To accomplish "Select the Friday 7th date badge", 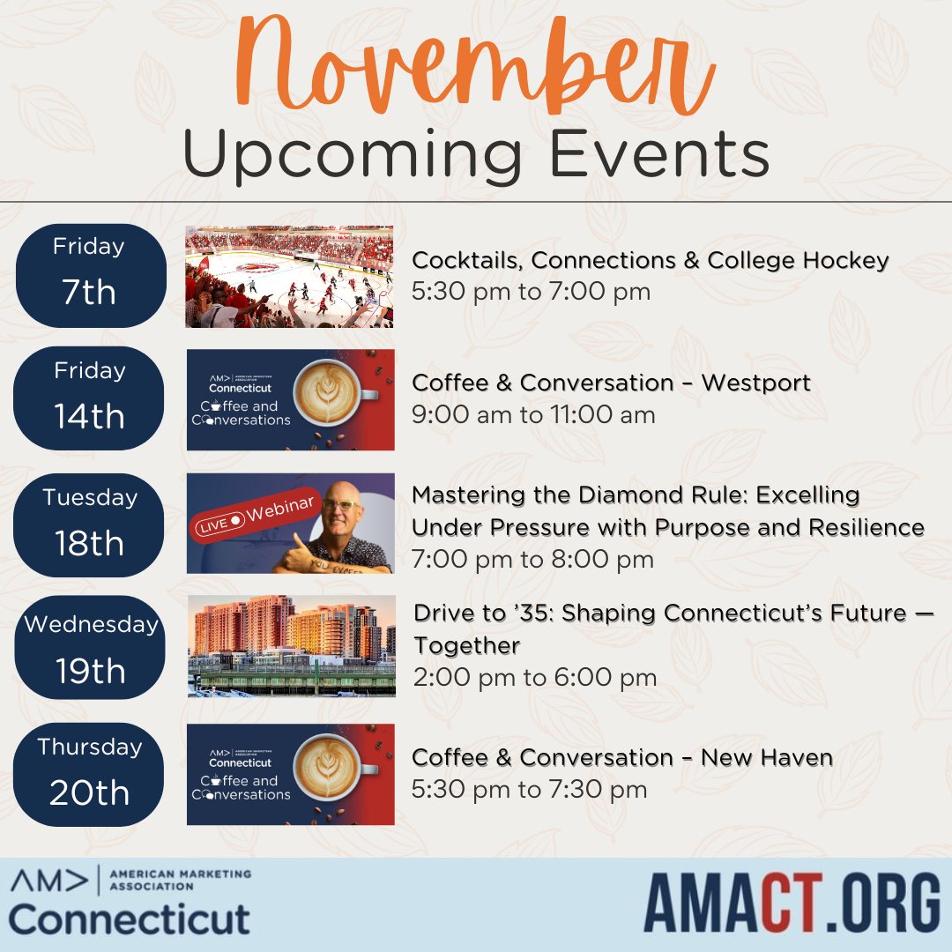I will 90,276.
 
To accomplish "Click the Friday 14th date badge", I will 90,398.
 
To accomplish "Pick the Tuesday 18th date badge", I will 90,525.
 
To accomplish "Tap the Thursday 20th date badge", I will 90,775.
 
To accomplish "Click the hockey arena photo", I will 289,277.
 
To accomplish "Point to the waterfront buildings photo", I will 291,645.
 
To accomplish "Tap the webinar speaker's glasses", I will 342,504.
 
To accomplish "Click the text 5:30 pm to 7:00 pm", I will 531,292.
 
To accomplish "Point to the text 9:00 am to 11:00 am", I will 533,414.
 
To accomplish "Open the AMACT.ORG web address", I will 792,902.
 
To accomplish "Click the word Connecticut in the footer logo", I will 130,919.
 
